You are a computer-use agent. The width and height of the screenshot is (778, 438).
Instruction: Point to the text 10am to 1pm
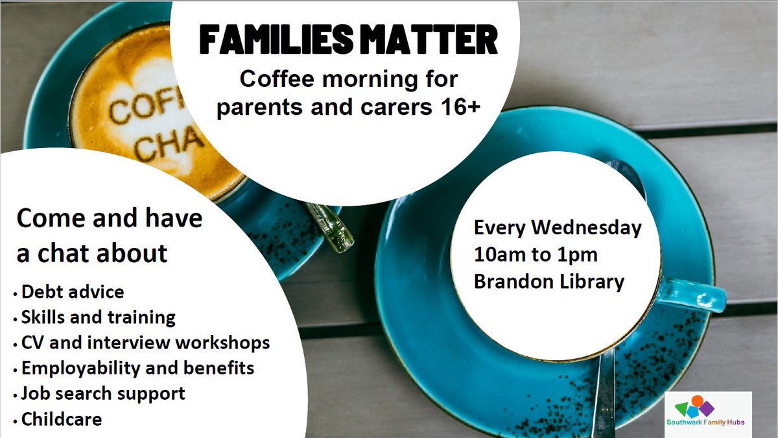pos(536,255)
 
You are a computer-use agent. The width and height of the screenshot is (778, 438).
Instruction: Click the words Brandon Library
pos(548,282)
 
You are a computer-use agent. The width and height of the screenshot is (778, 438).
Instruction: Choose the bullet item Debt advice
pos(72,291)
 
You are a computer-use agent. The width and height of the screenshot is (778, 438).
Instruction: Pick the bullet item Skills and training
pos(98,317)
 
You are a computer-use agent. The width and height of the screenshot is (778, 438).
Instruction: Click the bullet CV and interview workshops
pos(145,343)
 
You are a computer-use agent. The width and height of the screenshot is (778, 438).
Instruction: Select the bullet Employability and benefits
pos(137,368)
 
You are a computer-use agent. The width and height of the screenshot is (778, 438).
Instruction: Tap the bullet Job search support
pos(103,393)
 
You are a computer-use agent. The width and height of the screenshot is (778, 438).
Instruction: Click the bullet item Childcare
pos(62,419)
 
